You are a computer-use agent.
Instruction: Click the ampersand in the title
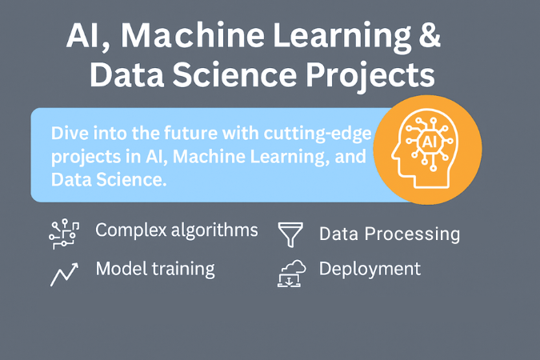(x=430, y=34)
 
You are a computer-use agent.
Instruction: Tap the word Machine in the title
(x=193, y=34)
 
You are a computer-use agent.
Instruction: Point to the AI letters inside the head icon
(x=429, y=142)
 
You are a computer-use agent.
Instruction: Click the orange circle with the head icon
(x=427, y=150)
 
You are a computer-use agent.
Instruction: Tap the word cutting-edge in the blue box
(x=317, y=134)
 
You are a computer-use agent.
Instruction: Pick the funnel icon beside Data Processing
(x=290, y=234)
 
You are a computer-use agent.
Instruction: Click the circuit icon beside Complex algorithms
(x=64, y=234)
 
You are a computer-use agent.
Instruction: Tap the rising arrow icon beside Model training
(x=65, y=274)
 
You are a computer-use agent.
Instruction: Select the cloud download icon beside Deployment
(x=291, y=274)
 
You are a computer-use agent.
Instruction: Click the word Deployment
(x=370, y=269)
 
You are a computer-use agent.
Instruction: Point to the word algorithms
(x=214, y=230)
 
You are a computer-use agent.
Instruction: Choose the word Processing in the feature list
(x=412, y=234)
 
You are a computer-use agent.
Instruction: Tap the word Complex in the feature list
(x=131, y=230)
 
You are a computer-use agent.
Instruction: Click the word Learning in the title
(x=342, y=37)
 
